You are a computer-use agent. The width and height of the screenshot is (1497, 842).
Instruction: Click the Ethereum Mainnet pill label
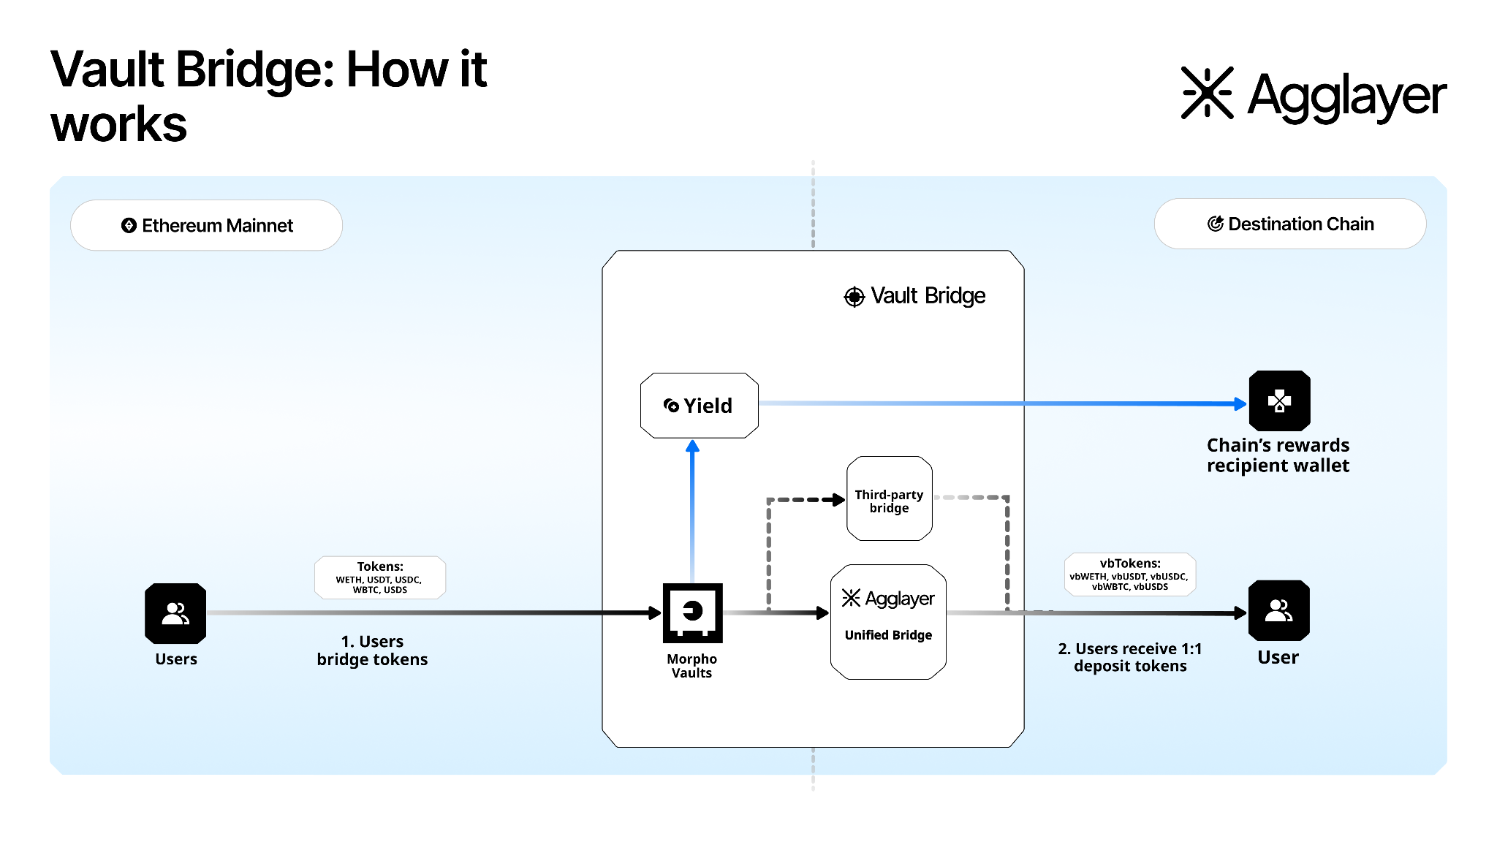(x=207, y=225)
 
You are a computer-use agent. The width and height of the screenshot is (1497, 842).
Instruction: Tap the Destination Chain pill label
(x=1290, y=224)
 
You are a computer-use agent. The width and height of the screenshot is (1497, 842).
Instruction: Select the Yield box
(x=699, y=406)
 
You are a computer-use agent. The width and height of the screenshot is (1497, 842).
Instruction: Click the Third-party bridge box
(x=889, y=499)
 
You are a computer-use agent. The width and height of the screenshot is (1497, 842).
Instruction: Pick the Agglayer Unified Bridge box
(x=888, y=621)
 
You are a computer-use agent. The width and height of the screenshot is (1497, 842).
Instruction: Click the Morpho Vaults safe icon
(x=692, y=612)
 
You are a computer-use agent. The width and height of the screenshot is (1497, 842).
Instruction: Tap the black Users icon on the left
(x=175, y=612)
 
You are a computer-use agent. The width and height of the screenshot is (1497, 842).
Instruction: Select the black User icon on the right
(x=1278, y=610)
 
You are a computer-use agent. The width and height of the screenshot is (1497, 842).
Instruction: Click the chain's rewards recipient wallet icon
(x=1279, y=401)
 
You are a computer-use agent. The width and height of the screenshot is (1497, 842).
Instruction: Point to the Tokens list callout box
(x=380, y=577)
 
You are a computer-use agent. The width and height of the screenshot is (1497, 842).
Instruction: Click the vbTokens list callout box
(x=1129, y=574)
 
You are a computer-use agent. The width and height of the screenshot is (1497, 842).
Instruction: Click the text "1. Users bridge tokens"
(x=372, y=651)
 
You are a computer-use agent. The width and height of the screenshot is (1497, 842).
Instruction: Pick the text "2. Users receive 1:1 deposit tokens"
(x=1130, y=657)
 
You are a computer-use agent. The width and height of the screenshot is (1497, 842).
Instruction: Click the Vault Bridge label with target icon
(x=914, y=296)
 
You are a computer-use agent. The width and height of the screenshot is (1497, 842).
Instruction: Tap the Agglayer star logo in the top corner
(x=1208, y=93)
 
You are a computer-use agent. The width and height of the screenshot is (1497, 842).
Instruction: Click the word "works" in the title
(x=119, y=124)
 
